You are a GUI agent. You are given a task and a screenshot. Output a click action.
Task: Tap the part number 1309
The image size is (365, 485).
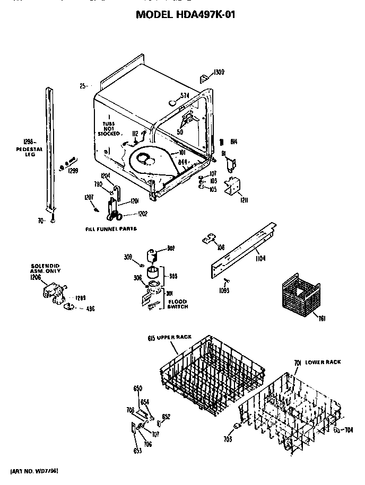219,72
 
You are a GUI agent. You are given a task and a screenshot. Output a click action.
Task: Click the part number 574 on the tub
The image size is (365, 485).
185,95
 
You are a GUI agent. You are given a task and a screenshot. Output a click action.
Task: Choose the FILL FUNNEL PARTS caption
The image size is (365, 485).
111,228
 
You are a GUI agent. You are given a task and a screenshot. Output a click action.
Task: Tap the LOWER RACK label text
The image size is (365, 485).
323,362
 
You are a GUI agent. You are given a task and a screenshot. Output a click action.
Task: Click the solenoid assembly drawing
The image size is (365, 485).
53,292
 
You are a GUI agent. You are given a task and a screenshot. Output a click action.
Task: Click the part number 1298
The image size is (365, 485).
28,141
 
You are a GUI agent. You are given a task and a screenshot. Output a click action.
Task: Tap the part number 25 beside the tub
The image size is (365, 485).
83,85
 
